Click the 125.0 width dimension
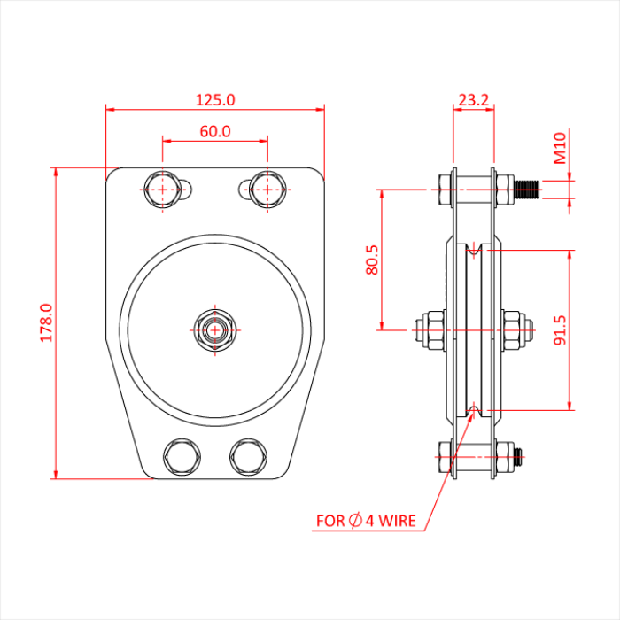pos(215,100)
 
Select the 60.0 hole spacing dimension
pos(215,131)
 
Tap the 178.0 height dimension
pos(46,322)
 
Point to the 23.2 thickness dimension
pos(474,100)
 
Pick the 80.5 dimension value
pos(372,259)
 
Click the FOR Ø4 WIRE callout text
pos(366,521)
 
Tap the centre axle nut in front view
pos(214,329)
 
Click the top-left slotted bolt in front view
pos(164,189)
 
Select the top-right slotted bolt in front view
pos(267,189)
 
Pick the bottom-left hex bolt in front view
pos(182,456)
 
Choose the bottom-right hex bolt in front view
pos(248,456)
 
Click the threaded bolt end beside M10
pos(529,188)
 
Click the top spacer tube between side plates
pos(474,187)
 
